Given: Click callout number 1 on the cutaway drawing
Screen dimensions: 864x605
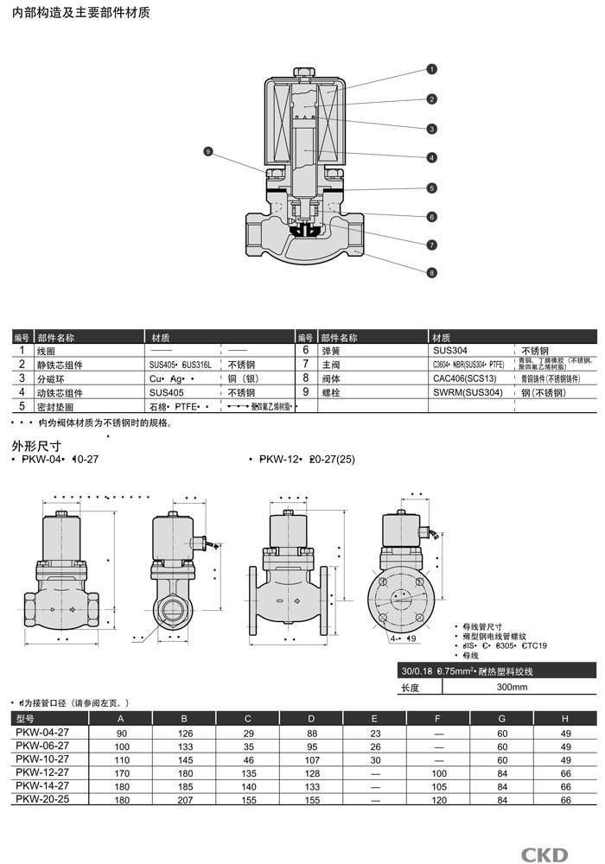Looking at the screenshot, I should (431, 68).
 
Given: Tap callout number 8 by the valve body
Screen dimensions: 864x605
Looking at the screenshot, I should (431, 273).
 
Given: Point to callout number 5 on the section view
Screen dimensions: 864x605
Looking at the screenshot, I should (431, 187).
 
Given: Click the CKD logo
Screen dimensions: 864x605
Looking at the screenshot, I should (544, 854).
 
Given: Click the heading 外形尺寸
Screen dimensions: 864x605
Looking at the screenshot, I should (35, 446).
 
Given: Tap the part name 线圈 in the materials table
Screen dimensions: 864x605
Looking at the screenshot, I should (47, 351).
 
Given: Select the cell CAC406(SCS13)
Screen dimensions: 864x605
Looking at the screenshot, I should (465, 378).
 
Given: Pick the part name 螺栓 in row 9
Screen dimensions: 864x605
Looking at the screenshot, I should (330, 392).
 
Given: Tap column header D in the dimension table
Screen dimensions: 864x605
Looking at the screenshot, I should (311, 719).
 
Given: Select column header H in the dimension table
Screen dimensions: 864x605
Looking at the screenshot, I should (566, 719).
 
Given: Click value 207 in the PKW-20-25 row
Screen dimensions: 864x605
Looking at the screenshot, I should (183, 800).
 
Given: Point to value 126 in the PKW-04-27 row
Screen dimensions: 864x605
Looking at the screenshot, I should (183, 733).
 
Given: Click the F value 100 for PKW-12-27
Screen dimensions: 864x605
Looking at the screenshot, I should (438, 773).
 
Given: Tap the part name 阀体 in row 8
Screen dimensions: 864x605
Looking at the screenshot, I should (330, 378).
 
